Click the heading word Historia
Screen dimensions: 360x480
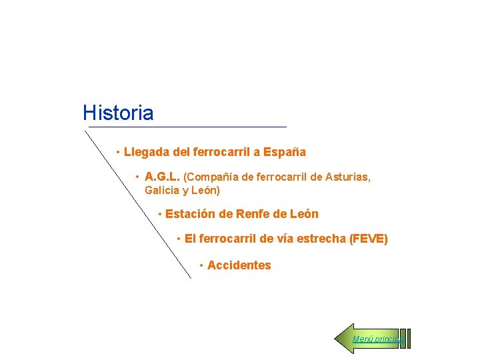click(x=118, y=113)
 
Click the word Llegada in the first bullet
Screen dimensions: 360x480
click(x=146, y=152)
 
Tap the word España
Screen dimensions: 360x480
click(x=285, y=152)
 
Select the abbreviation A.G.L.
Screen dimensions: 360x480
click(x=162, y=177)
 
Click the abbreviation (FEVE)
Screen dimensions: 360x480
click(x=368, y=239)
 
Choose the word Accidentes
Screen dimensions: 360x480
click(x=239, y=265)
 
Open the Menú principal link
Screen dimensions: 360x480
click(x=377, y=339)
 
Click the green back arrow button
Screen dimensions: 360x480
click(x=347, y=339)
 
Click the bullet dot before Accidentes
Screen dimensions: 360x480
click(x=201, y=266)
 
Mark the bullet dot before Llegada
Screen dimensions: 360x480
click(x=117, y=153)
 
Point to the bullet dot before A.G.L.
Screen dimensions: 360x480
click(x=137, y=178)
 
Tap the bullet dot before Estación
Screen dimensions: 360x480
click(x=160, y=215)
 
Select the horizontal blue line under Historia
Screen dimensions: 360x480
click(x=187, y=127)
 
